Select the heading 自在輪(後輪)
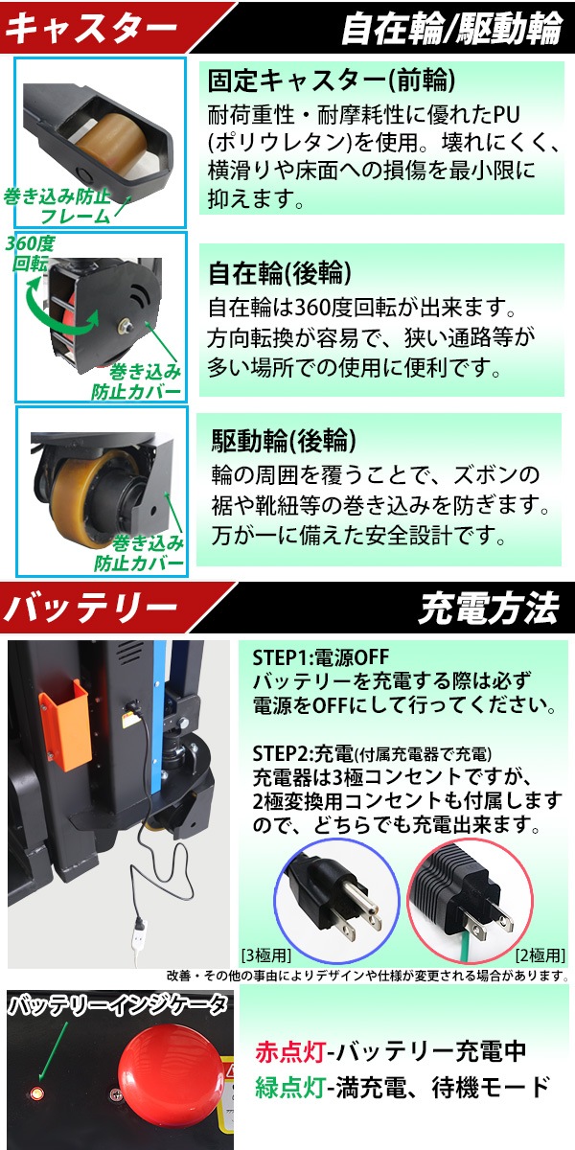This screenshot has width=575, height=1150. (271, 273)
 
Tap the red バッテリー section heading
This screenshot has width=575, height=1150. (91, 607)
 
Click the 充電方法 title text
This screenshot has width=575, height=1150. (488, 608)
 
